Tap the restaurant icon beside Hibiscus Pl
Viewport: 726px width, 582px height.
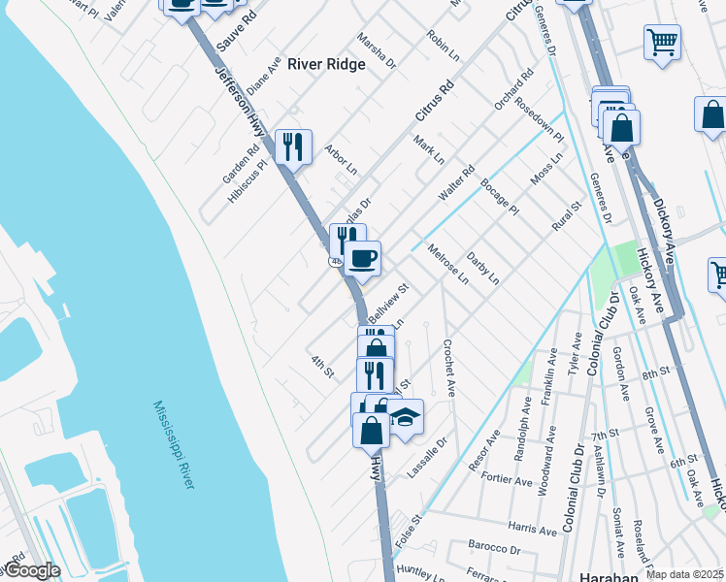click(293, 146)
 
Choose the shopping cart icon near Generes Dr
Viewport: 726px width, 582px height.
click(662, 42)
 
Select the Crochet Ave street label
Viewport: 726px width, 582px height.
click(450, 368)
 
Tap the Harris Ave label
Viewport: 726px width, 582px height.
click(533, 530)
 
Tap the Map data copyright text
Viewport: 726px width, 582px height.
click(684, 574)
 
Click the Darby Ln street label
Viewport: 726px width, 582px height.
click(482, 269)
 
